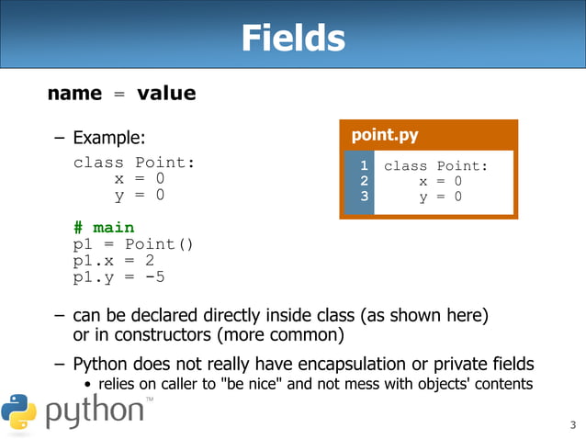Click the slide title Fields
tap(292, 39)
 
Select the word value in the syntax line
tap(166, 93)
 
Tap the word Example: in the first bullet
tap(108, 139)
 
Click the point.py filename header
tap(385, 136)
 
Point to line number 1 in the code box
tap(365, 165)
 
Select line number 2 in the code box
tap(365, 181)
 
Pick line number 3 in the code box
tap(365, 197)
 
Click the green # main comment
tap(103, 227)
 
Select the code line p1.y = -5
tap(119, 276)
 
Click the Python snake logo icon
tap(18, 411)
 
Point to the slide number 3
tap(571, 424)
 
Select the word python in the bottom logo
tap(95, 412)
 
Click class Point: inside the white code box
tap(435, 165)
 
